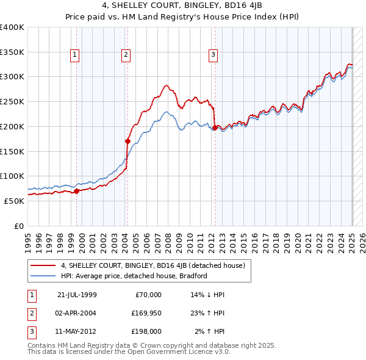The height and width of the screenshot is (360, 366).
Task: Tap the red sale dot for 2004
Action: click(x=127, y=141)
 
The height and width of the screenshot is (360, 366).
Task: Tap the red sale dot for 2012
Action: click(x=215, y=128)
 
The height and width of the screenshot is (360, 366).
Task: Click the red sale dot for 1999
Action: click(x=77, y=191)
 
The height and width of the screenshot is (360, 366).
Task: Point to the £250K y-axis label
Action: click(x=12, y=101)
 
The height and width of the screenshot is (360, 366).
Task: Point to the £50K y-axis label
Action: click(x=15, y=201)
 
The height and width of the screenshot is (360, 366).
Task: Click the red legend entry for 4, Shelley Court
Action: click(x=152, y=265)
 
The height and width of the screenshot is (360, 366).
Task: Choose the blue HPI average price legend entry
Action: click(x=134, y=276)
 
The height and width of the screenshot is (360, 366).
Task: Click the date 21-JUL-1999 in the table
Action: click(x=77, y=295)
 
